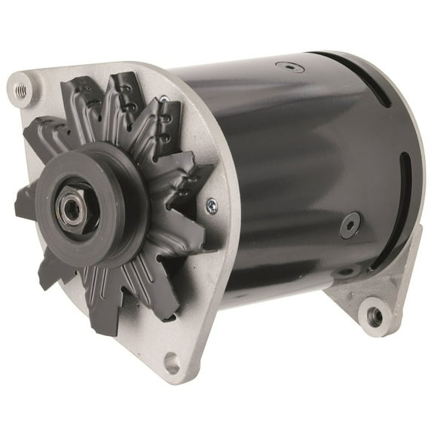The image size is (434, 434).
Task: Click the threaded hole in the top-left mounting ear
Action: click(22, 89)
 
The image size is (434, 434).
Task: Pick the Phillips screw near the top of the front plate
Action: click(164, 99)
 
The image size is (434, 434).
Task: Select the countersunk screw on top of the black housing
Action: click(289, 66)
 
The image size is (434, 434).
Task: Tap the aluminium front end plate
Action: click(196, 301)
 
